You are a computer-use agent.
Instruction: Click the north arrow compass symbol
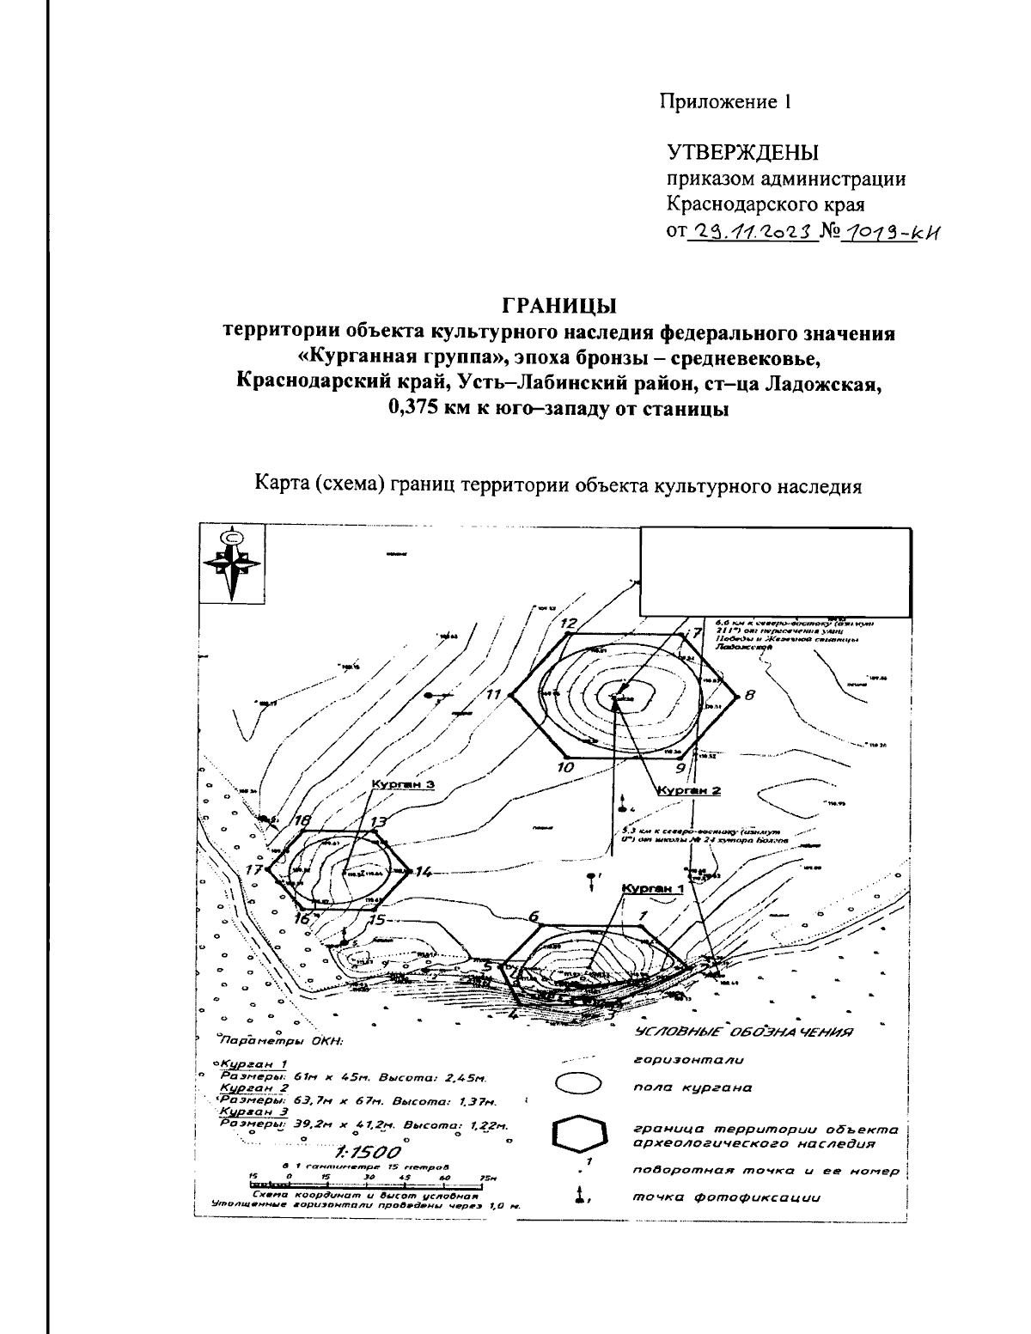[231, 563]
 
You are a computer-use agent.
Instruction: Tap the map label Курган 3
[403, 784]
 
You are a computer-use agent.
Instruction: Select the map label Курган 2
[688, 790]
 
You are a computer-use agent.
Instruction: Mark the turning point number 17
[253, 869]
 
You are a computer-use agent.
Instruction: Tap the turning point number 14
[422, 872]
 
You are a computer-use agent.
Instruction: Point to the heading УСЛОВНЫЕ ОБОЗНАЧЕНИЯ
[743, 1032]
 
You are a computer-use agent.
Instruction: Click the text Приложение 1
[724, 101]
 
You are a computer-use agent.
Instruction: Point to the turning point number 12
[567, 623]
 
